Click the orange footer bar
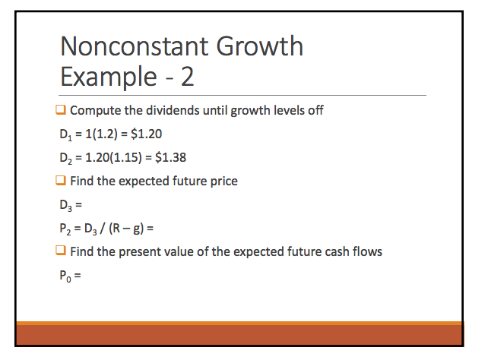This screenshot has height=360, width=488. pos(243,333)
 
